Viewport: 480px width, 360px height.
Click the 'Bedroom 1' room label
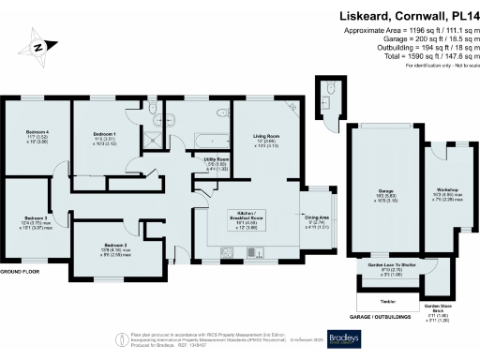click(x=103, y=135)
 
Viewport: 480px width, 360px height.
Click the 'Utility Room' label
click(x=217, y=160)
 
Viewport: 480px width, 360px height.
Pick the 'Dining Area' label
click(x=318, y=217)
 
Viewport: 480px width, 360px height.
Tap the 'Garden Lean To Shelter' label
click(x=393, y=268)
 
